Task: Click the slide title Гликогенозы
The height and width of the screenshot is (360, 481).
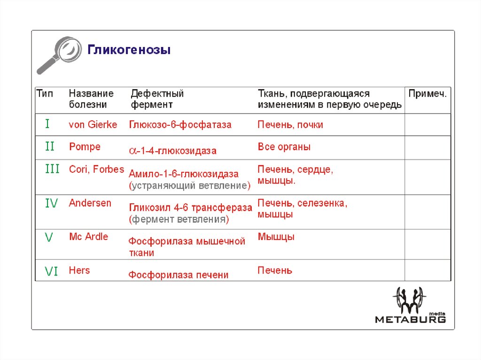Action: coord(129,50)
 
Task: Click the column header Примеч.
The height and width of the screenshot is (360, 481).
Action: coord(427,94)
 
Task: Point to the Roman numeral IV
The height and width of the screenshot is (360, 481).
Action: coord(51,203)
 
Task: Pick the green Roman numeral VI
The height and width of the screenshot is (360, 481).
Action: coord(51,271)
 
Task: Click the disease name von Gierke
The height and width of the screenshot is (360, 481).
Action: coord(93,125)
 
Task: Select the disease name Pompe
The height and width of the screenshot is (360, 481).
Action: coord(85,147)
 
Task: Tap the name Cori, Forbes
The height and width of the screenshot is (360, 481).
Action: coord(96,169)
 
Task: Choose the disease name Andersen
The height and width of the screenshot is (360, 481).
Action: coord(90,203)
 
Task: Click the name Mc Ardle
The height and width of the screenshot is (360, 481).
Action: coord(88,237)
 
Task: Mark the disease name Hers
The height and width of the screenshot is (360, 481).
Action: coord(79,270)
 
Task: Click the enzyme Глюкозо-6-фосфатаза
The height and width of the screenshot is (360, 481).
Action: coord(180,125)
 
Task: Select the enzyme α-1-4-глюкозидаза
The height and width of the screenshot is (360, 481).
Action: coord(173,151)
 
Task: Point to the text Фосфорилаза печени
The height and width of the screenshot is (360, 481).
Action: coord(179,275)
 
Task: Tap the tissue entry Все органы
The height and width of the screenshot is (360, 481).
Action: coord(284,147)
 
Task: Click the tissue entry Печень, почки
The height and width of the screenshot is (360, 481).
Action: coord(290,125)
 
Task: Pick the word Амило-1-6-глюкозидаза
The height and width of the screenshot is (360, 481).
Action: coord(184,174)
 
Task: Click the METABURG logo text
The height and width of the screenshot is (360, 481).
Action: coord(410,320)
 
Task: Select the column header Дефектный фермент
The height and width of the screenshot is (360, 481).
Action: coord(157,99)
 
